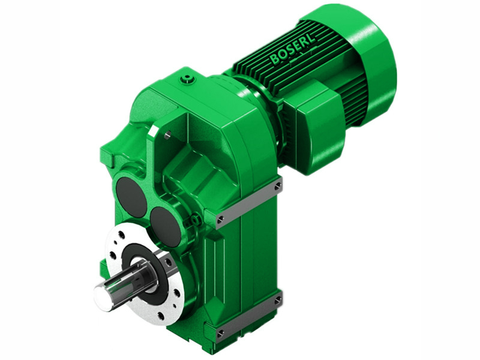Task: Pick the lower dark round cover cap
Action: [164, 226]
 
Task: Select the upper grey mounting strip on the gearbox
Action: [249, 202]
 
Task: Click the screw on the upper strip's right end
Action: [277, 187]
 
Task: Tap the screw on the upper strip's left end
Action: [221, 219]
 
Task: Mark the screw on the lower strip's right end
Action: [277, 299]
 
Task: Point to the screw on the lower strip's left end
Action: [221, 331]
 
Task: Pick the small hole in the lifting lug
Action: [169, 136]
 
